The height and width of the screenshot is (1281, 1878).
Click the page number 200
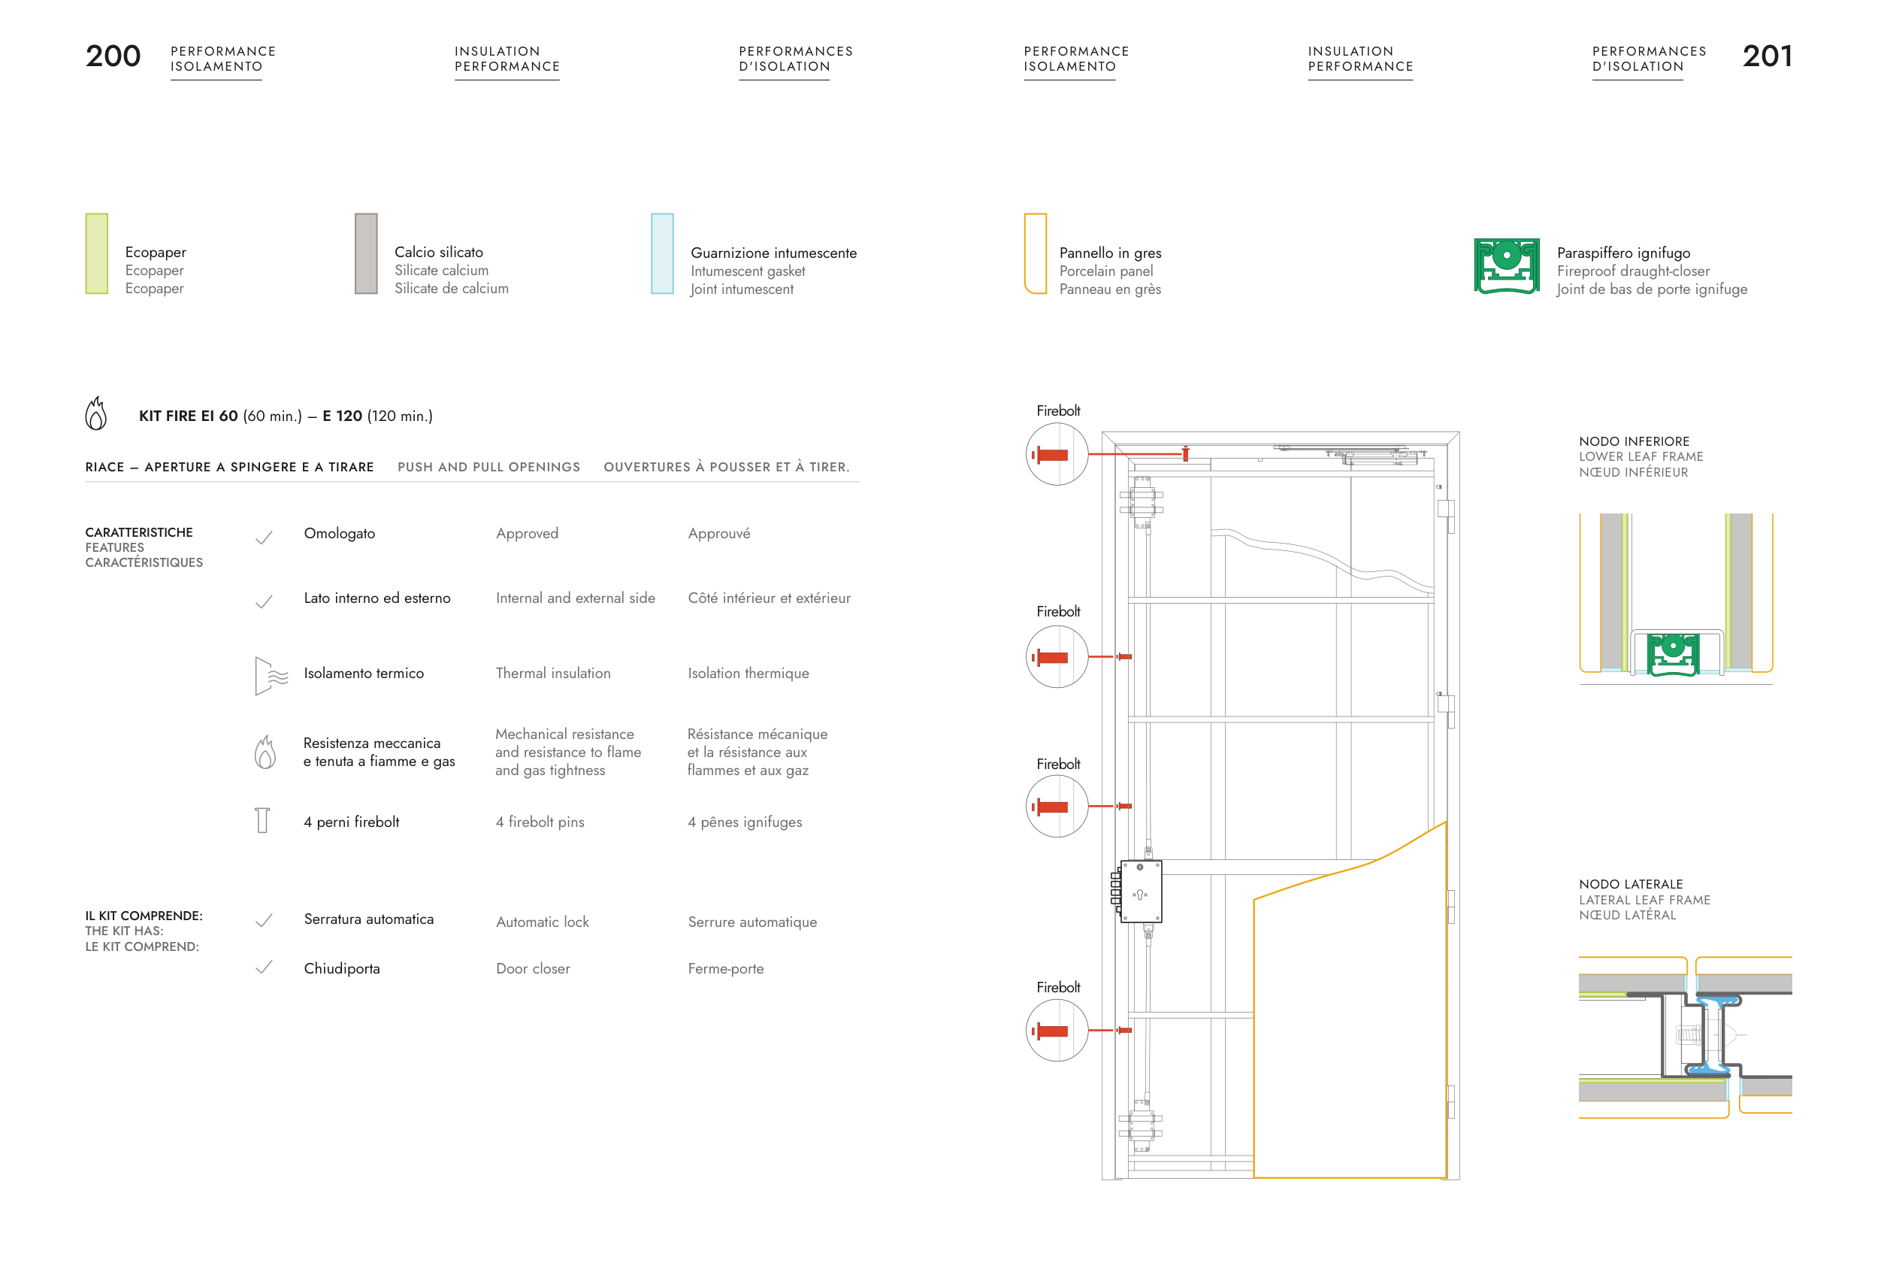pos(113,56)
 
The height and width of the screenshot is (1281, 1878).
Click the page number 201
pos(1767,56)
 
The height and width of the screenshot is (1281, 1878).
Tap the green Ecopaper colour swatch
pos(97,254)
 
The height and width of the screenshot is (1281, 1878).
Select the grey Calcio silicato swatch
pos(366,254)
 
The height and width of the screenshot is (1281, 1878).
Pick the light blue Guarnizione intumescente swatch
pos(662,254)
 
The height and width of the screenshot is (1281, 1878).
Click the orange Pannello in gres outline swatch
pos(1035,254)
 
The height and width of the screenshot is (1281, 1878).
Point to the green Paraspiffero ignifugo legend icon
pos(1506,266)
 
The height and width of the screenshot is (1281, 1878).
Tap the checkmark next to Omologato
pos(265,538)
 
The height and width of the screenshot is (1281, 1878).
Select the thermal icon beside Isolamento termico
pos(270,676)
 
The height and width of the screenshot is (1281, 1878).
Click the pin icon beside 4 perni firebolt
pos(262,820)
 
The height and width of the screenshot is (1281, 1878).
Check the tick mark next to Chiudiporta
pos(265,967)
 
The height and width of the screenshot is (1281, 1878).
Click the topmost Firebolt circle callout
pos(1057,454)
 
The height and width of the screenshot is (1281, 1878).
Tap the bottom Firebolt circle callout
pos(1057,1031)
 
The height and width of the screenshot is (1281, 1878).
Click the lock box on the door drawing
pos(1140,892)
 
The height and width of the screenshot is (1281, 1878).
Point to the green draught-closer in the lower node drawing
pos(1673,653)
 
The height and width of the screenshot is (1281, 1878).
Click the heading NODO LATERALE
pos(1631,884)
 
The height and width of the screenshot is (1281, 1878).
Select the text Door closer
pos(533,968)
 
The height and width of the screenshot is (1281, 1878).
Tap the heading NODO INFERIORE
pos(1634,441)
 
